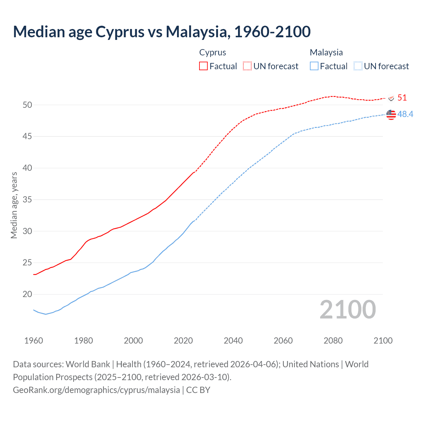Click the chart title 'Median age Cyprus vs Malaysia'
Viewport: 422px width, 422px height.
(x=162, y=32)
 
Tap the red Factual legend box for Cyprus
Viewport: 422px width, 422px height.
(x=203, y=66)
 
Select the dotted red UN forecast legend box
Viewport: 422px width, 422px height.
(x=247, y=66)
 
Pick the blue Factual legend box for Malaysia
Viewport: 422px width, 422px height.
(x=314, y=66)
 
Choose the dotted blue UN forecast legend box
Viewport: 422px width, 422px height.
(x=358, y=66)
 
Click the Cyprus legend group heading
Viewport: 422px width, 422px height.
(x=213, y=52)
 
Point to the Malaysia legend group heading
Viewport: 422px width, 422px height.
(x=326, y=52)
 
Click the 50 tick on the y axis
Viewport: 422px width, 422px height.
(x=27, y=105)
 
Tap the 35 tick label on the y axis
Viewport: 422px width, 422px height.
(x=27, y=199)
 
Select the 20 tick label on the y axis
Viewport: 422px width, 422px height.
(x=27, y=294)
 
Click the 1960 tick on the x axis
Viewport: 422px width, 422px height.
(x=34, y=341)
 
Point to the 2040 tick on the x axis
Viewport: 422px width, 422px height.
(x=233, y=341)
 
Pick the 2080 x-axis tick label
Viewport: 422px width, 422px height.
(x=333, y=341)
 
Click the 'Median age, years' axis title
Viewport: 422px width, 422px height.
(x=14, y=205)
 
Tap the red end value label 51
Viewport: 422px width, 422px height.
(x=402, y=98)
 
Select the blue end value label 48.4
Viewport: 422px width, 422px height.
(x=405, y=114)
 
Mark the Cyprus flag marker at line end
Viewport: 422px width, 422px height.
(x=391, y=98)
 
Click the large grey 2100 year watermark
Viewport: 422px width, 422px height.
(x=348, y=310)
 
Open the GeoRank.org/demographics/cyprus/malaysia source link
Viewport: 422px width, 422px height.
(x=96, y=390)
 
